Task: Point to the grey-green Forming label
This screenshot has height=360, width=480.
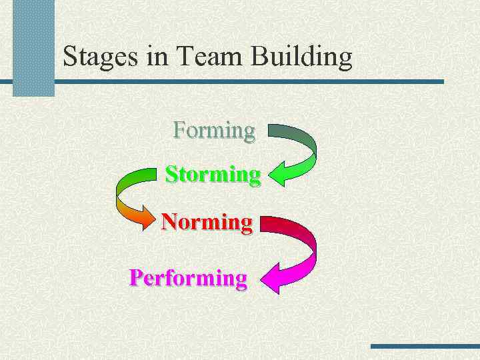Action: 214,130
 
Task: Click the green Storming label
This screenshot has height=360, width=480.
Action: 213,175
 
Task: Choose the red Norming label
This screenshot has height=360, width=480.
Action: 207,221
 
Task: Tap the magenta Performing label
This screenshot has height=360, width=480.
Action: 188,277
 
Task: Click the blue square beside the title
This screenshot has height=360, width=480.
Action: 33,48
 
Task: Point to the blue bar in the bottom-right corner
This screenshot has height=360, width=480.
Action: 425,346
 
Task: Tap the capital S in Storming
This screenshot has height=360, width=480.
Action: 171,175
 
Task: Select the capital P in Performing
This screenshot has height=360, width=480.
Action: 136,277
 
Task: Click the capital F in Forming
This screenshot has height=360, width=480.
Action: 179,129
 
